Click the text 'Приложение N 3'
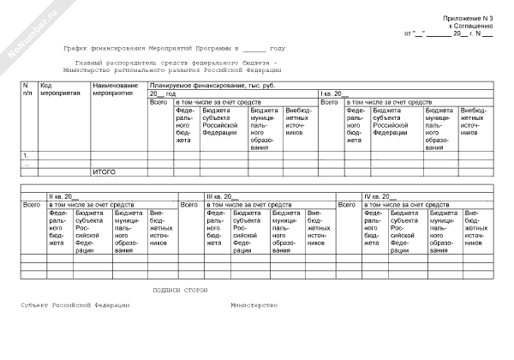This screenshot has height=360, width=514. (x=468, y=18)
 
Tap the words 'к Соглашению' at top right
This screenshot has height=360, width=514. (x=470, y=26)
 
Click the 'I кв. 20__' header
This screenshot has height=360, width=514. (x=334, y=93)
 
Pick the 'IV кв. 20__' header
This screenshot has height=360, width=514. (x=380, y=197)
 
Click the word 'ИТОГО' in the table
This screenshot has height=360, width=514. (x=105, y=172)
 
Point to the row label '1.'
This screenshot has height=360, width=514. (x=26, y=155)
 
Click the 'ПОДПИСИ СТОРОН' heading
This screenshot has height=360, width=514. (x=179, y=291)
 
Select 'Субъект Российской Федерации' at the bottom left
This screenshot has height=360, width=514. (x=76, y=305)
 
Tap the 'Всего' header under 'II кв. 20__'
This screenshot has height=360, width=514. (x=32, y=205)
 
